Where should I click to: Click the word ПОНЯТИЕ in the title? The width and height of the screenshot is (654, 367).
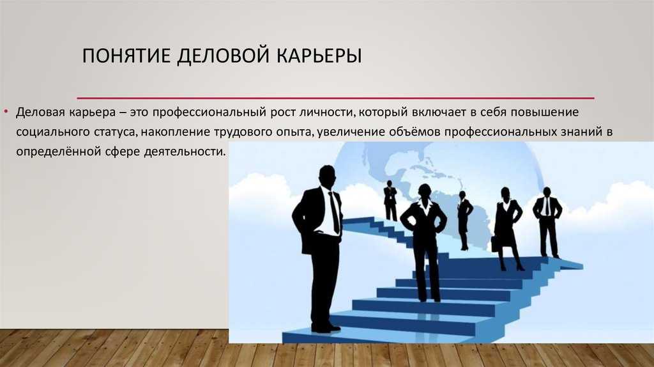pyautogui.click(x=126, y=56)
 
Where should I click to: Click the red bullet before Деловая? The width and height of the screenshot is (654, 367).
pyautogui.click(x=6, y=111)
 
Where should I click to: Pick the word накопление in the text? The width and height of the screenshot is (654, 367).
pyautogui.click(x=175, y=132)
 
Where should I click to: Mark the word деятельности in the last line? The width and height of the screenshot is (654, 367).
pyautogui.click(x=185, y=152)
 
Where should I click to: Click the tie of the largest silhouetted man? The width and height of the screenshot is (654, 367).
pyautogui.click(x=334, y=213)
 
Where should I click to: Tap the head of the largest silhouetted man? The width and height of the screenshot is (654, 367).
pyautogui.click(x=327, y=175)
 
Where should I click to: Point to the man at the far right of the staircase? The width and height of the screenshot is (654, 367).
pyautogui.click(x=547, y=222)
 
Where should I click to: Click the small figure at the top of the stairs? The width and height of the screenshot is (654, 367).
pyautogui.click(x=390, y=200)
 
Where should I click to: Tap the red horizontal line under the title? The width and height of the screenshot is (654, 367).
pyautogui.click(x=336, y=98)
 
